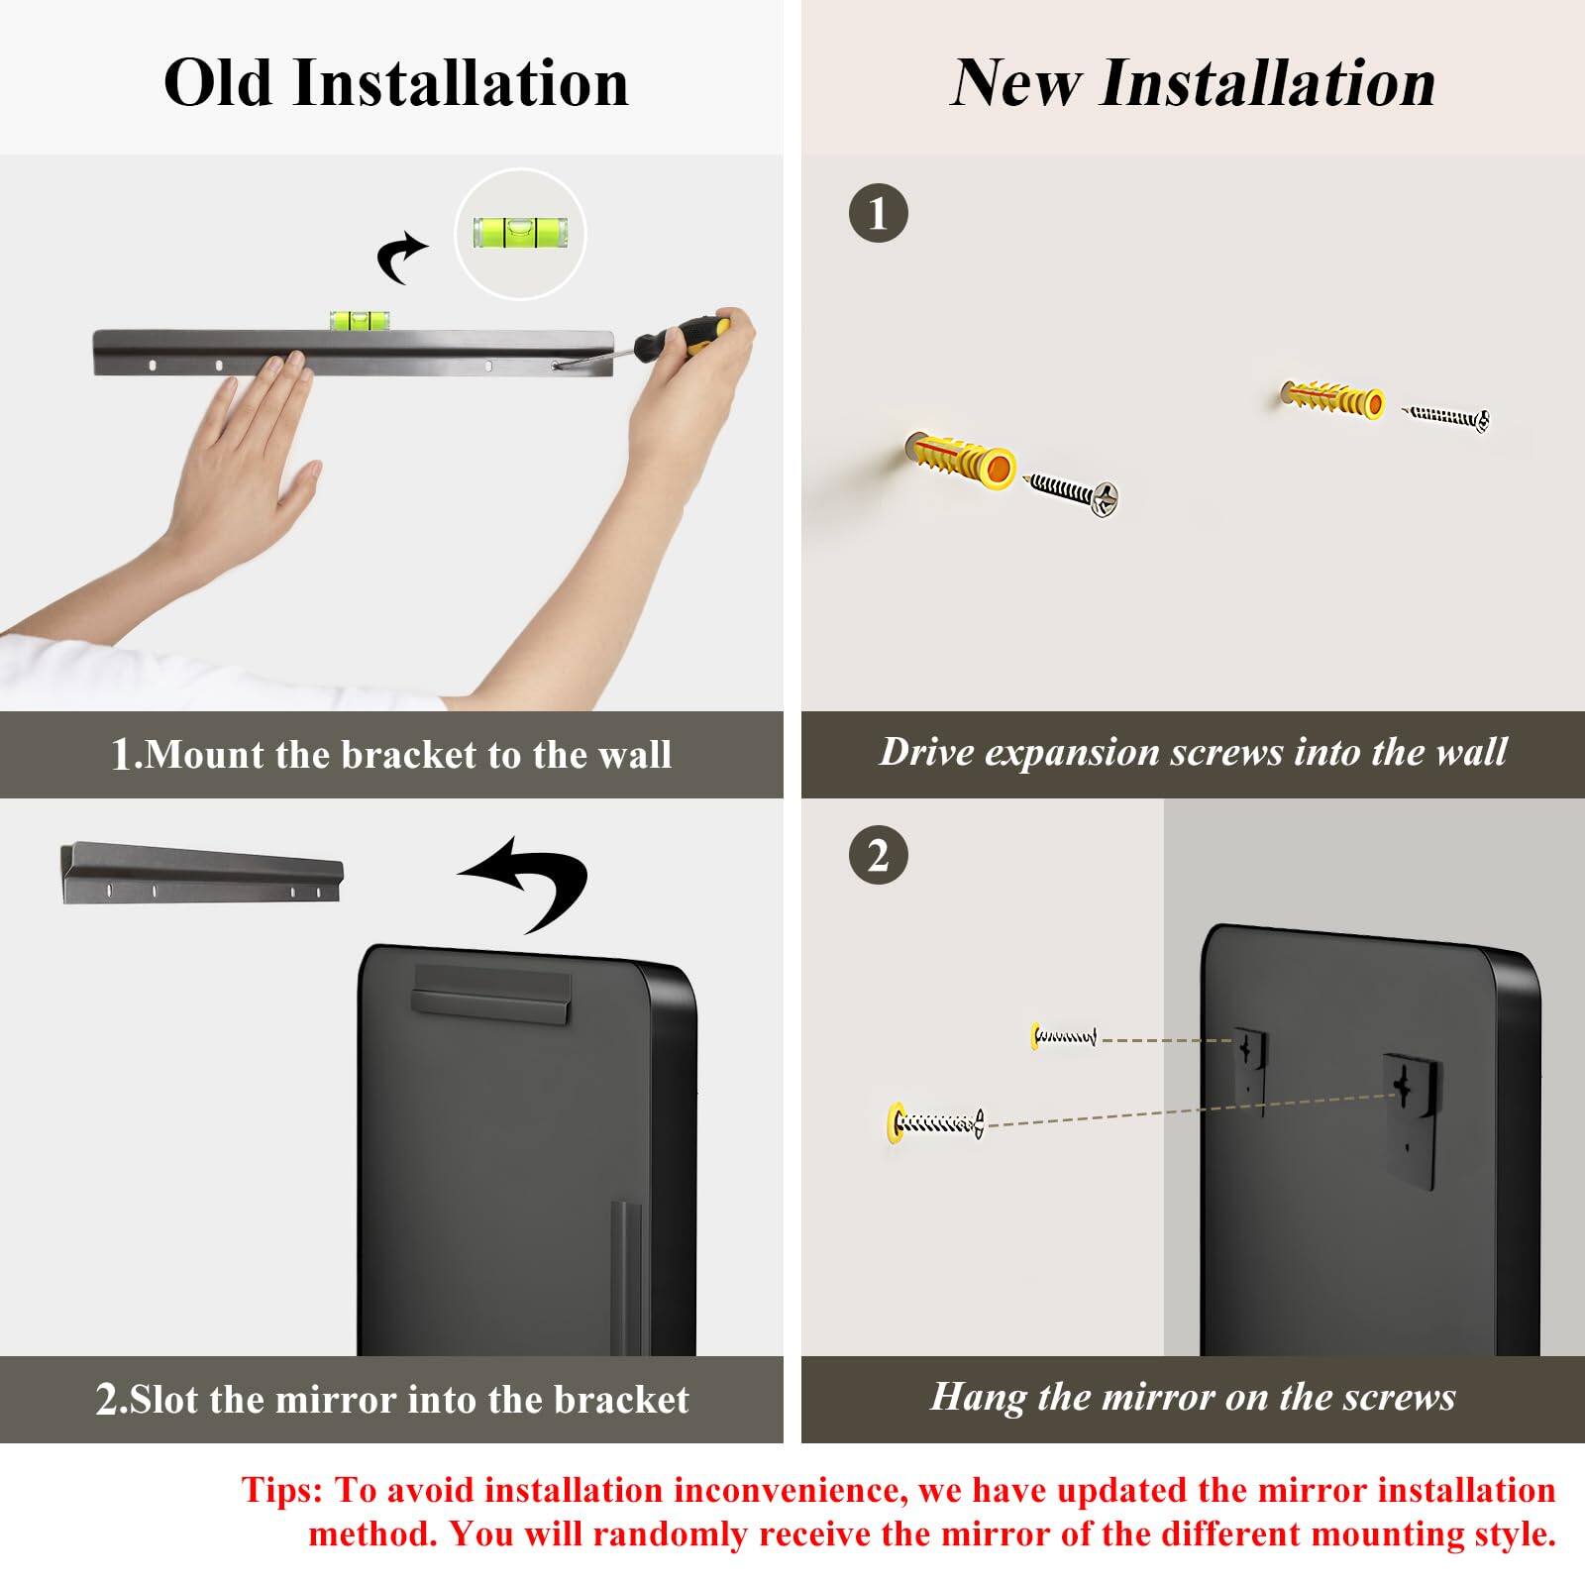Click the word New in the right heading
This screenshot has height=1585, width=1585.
1016,82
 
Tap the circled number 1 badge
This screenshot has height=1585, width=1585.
879,213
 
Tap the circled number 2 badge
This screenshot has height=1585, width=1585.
879,856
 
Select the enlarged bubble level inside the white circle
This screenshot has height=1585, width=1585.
520,233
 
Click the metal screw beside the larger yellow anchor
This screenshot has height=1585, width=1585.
1075,491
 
